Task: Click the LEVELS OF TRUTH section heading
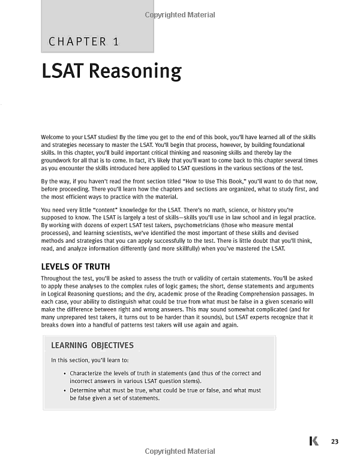pos(75,266)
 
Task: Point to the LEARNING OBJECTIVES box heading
pos(92,346)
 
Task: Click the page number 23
pos(335,442)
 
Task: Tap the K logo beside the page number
pos(313,442)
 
